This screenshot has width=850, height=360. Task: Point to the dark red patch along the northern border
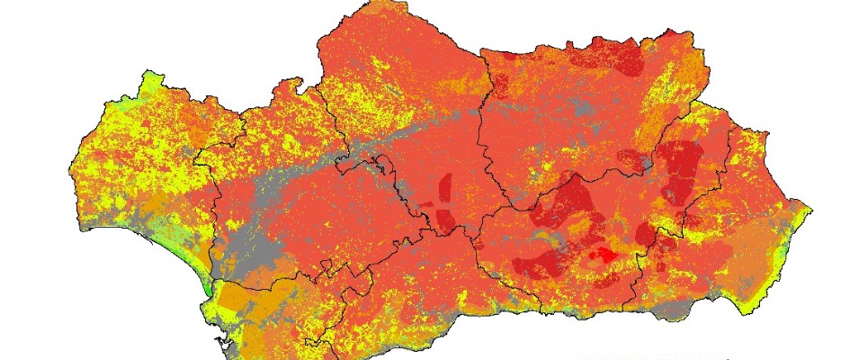[x=621, y=57]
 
